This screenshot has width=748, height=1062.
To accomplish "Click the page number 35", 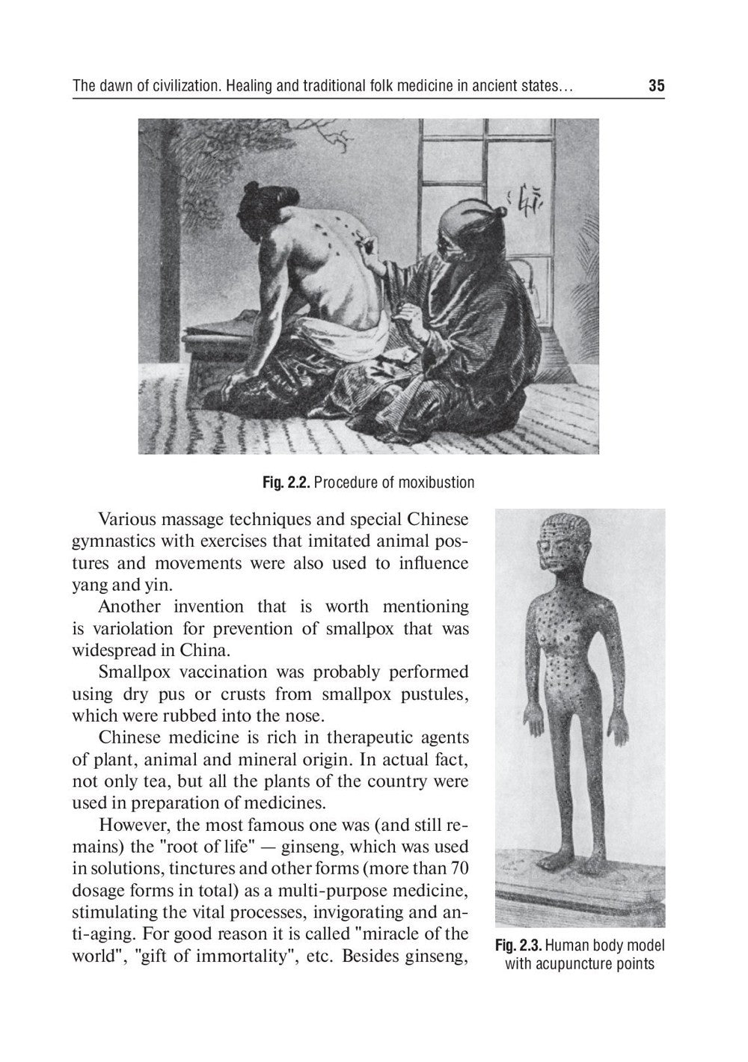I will pos(656,86).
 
